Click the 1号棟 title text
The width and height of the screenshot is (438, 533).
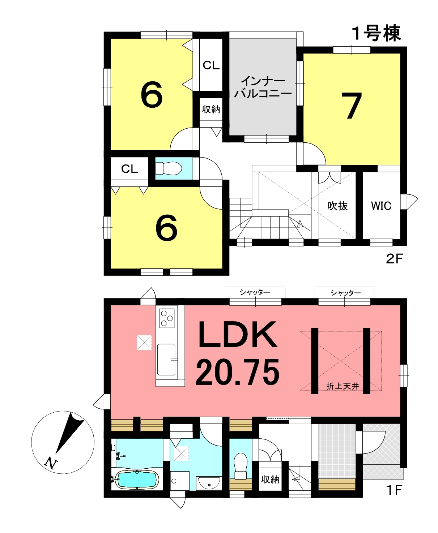tap(377, 33)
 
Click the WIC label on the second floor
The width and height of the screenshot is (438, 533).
tap(381, 206)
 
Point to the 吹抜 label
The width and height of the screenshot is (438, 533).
tap(337, 206)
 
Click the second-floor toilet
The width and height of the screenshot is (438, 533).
tap(168, 168)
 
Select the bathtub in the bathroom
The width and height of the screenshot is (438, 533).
tap(137, 479)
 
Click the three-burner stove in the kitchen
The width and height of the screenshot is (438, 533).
tap(167, 318)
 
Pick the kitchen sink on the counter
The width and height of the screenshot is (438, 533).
tap(166, 360)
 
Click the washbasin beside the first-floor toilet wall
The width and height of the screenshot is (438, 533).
tap(209, 483)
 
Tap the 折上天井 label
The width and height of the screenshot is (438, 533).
tap(343, 386)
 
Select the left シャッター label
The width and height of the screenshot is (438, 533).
tap(255, 293)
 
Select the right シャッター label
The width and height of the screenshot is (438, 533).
tap(345, 293)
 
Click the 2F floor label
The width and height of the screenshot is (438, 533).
tap(394, 259)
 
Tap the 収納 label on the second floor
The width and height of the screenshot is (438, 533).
tap(211, 109)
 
